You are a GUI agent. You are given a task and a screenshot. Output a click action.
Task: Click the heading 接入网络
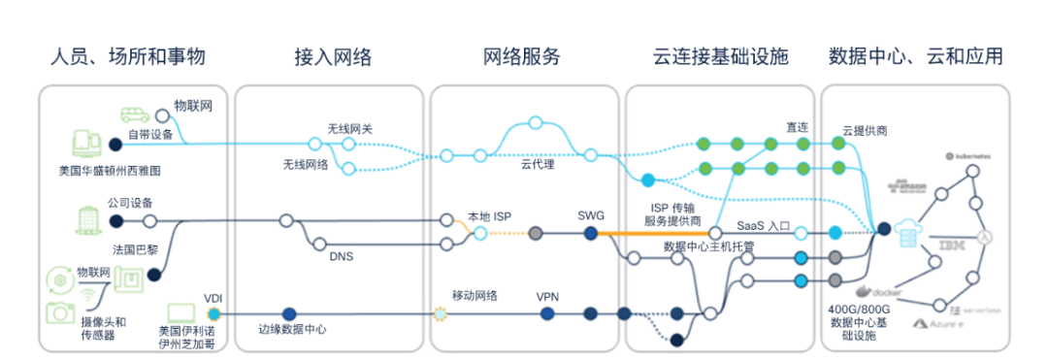pyautogui.click(x=333, y=56)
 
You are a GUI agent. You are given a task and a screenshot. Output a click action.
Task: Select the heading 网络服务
pyautogui.click(x=522, y=56)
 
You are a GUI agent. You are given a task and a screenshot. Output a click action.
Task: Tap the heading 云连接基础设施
pyautogui.click(x=721, y=56)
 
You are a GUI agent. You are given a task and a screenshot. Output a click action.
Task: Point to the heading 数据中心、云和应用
pyautogui.click(x=915, y=56)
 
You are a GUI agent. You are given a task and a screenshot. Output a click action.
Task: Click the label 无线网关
pyautogui.click(x=347, y=128)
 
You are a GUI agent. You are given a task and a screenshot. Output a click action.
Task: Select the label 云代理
pyautogui.click(x=537, y=165)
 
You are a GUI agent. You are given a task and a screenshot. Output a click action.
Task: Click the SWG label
pyautogui.click(x=590, y=215)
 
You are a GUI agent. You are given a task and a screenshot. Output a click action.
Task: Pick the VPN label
pyautogui.click(x=548, y=297)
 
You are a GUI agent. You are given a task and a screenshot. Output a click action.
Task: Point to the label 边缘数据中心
pyautogui.click(x=291, y=330)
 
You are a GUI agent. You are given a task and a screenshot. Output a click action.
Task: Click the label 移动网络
pyautogui.click(x=475, y=295)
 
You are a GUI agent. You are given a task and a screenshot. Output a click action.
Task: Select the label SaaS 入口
pyautogui.click(x=764, y=225)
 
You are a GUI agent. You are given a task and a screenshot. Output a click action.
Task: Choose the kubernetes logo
pyautogui.click(x=969, y=156)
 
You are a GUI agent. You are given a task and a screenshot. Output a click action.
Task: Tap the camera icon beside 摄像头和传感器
pyautogui.click(x=60, y=311)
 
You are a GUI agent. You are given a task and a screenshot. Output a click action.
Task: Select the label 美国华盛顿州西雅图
pyautogui.click(x=109, y=170)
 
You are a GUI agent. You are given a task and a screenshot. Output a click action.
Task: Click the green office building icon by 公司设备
pyautogui.click(x=89, y=219)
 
